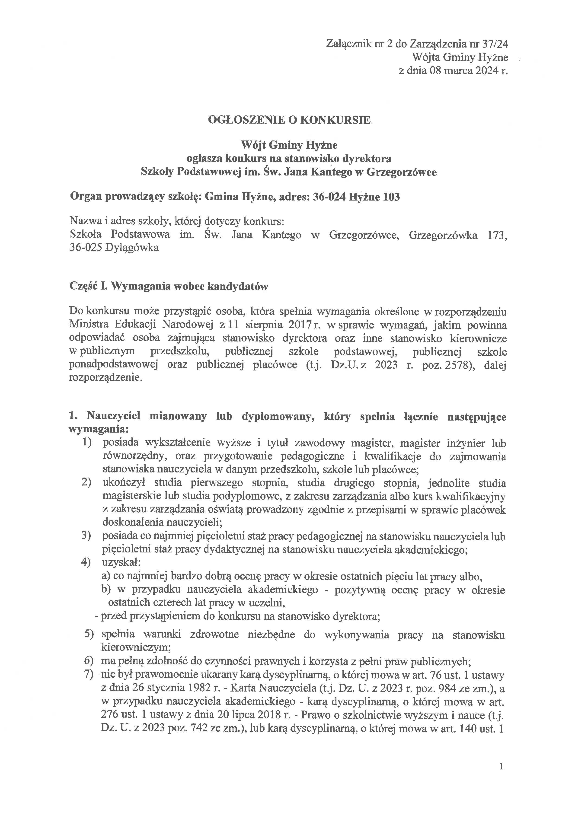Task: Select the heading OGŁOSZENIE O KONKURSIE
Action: (289, 120)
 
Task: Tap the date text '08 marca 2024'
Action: (460, 71)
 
